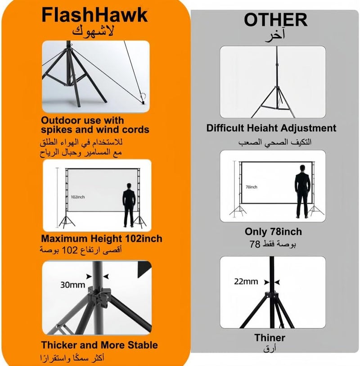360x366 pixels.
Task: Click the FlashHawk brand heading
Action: pyautogui.click(x=94, y=15)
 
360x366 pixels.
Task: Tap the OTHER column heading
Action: pyautogui.click(x=275, y=20)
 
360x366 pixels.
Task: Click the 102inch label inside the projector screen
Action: pyautogui.click(x=78, y=197)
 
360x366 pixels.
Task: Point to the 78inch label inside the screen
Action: pyautogui.click(x=251, y=187)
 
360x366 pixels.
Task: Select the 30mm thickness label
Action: pyautogui.click(x=72, y=285)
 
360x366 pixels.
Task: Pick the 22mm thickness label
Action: pyautogui.click(x=246, y=281)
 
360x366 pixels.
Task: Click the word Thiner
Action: pyautogui.click(x=270, y=338)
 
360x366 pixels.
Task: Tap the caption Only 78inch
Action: pyautogui.click(x=273, y=231)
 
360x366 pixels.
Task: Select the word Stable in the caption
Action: pyautogui.click(x=143, y=345)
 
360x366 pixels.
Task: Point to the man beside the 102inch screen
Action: pyautogui.click(x=129, y=205)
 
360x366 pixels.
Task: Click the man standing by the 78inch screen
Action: pyautogui.click(x=302, y=191)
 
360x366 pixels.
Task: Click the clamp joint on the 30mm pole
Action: pyautogui.click(x=99, y=298)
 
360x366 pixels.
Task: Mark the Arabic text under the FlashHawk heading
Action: pyautogui.click(x=93, y=31)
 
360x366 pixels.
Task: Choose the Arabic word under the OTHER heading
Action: pyautogui.click(x=275, y=36)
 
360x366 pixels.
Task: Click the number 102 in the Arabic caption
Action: pyautogui.click(x=69, y=250)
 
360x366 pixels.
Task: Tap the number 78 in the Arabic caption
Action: pyautogui.click(x=255, y=244)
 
